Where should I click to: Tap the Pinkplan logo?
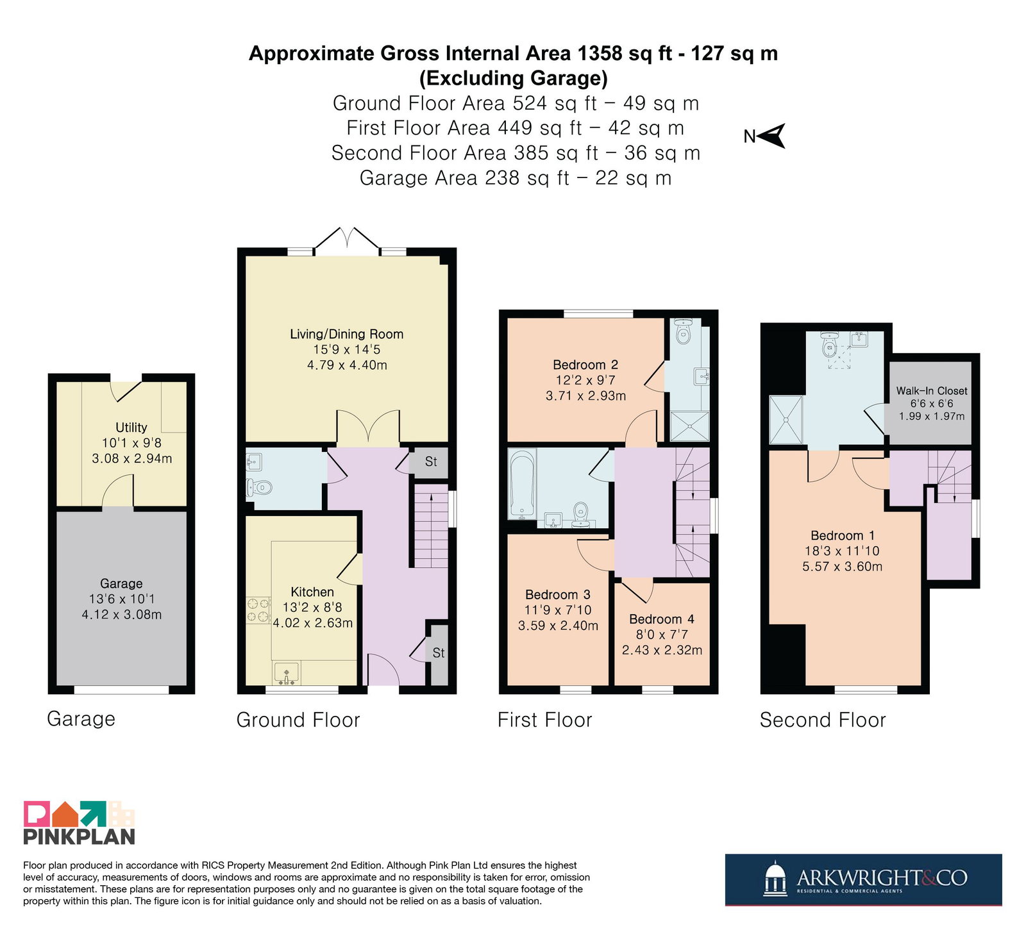pos(80,822)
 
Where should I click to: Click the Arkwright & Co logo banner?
pos(863,879)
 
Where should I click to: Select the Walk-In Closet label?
pos(932,390)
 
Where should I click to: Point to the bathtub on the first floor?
pos(522,483)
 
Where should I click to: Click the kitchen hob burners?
pos(258,610)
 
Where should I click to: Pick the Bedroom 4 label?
pos(661,619)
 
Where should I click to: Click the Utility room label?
pos(131,428)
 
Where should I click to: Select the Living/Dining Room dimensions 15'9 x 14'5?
pos(347,349)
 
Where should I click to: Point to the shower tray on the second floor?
pos(786,419)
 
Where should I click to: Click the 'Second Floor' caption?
pos(823,720)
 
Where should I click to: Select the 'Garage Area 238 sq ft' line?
pos(464,178)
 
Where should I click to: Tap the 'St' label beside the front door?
pos(439,653)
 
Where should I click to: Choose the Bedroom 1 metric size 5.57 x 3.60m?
pos(842,567)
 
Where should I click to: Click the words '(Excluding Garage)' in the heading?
pos(514,78)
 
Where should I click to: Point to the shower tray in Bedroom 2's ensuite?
pos(689,426)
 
